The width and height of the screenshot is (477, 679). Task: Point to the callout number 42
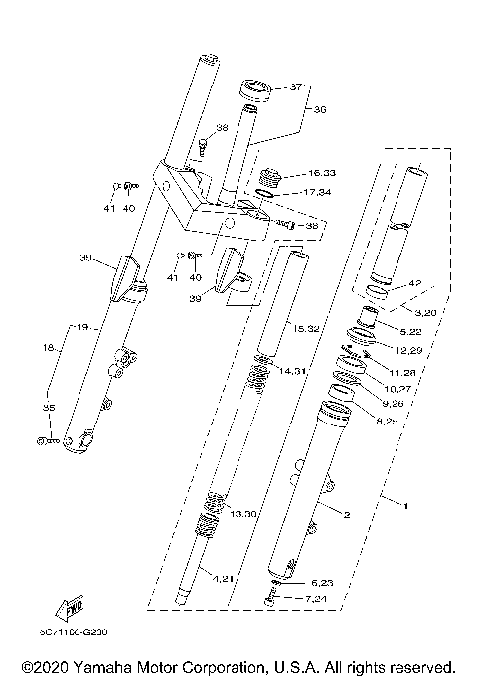tap(414, 283)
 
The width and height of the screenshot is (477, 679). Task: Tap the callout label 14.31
tap(293, 371)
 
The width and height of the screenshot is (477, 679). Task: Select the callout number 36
tap(320, 111)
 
